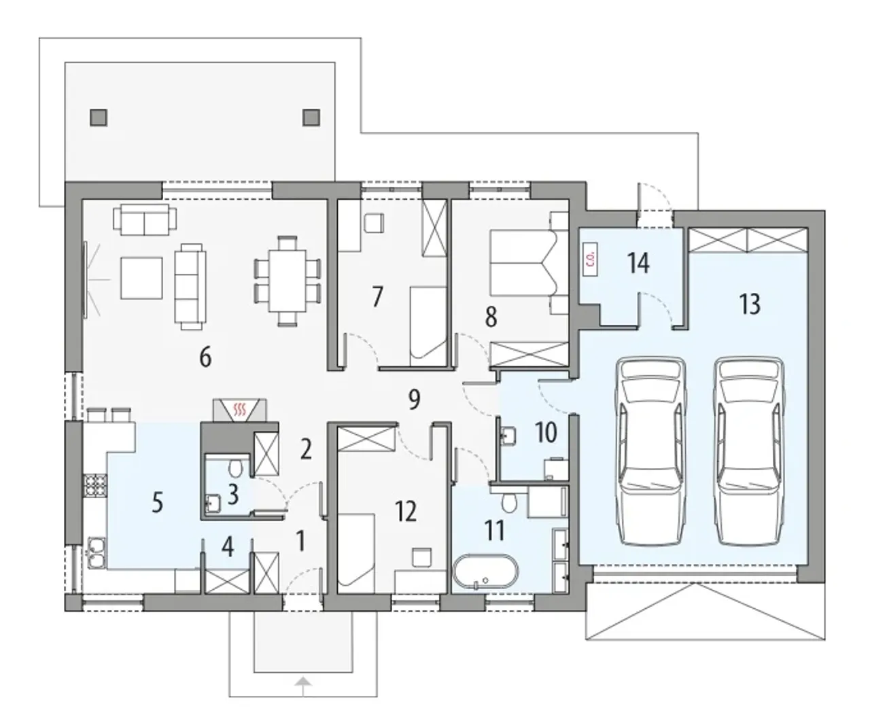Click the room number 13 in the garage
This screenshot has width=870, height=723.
(749, 304)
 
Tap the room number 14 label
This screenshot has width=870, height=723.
(638, 263)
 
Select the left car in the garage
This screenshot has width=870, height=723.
(650, 451)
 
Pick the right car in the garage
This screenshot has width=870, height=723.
(749, 451)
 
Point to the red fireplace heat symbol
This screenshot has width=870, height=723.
(239, 409)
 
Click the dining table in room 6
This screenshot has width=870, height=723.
(288, 281)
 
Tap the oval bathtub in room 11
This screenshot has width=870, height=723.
(485, 571)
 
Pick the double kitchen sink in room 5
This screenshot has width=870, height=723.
(97, 552)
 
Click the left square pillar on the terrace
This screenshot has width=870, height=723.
(99, 118)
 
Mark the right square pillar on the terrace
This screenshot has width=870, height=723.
(311, 118)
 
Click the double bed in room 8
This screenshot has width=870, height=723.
(524, 262)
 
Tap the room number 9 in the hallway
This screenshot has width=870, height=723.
(414, 400)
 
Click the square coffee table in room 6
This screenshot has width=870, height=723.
(141, 278)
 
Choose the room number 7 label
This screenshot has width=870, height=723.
(377, 296)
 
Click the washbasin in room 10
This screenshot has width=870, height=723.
(508, 436)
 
